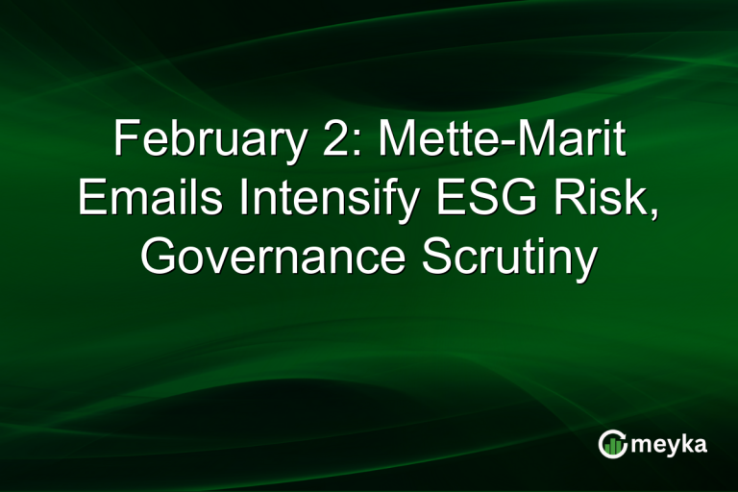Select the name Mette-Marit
point(501,142)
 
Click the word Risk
point(597,200)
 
